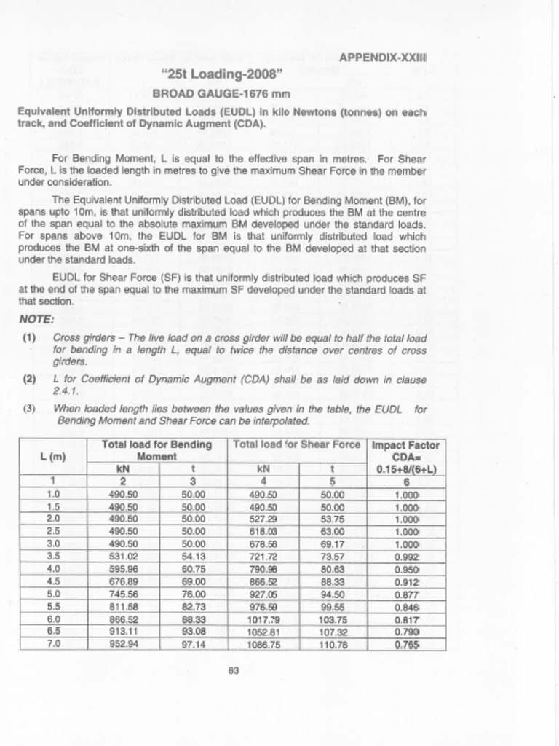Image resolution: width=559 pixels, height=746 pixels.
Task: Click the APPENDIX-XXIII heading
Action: pyautogui.click(x=383, y=57)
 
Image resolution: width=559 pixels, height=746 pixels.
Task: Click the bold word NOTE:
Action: pyautogui.click(x=36, y=319)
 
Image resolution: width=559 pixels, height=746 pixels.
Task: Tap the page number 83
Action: pyautogui.click(x=234, y=671)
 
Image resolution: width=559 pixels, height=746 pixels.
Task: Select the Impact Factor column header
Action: pyautogui.click(x=406, y=444)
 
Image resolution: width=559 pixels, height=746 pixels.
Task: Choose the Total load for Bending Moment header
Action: pyautogui.click(x=156, y=449)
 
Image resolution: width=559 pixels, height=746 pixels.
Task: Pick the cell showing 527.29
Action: pyautogui.click(x=263, y=518)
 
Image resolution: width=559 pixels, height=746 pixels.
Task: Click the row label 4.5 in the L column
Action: pyautogui.click(x=52, y=581)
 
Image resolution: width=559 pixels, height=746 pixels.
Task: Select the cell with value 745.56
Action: pyautogui.click(x=123, y=594)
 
